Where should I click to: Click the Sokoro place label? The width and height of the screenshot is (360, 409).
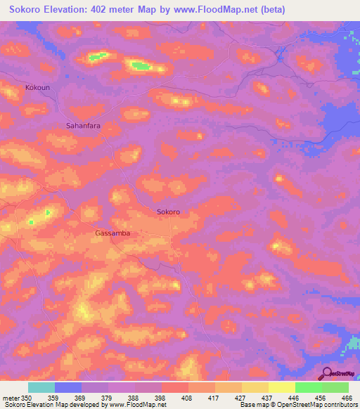(x=168, y=212)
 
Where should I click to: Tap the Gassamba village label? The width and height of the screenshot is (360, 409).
(x=112, y=233)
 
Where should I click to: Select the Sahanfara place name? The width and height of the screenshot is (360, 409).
(x=84, y=125)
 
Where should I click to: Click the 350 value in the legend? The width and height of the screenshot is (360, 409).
(x=27, y=398)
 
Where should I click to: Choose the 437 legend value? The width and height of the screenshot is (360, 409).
(x=267, y=398)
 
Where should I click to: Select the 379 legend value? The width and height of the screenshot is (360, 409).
(x=108, y=398)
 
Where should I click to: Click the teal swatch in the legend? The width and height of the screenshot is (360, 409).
(x=41, y=387)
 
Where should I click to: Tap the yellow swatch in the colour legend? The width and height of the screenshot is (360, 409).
(x=281, y=387)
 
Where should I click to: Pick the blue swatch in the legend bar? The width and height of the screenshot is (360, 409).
(x=68, y=387)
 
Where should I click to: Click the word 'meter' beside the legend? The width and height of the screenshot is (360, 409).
(x=11, y=398)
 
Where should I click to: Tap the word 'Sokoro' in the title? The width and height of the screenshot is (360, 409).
(x=25, y=11)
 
